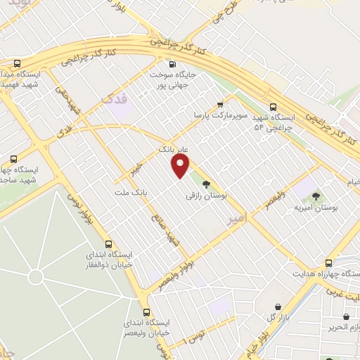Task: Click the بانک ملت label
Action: pyautogui.click(x=132, y=191)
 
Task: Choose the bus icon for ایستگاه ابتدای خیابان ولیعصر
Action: pyautogui.click(x=146, y=312)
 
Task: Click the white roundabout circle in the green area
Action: pyautogui.click(x=35, y=277)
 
